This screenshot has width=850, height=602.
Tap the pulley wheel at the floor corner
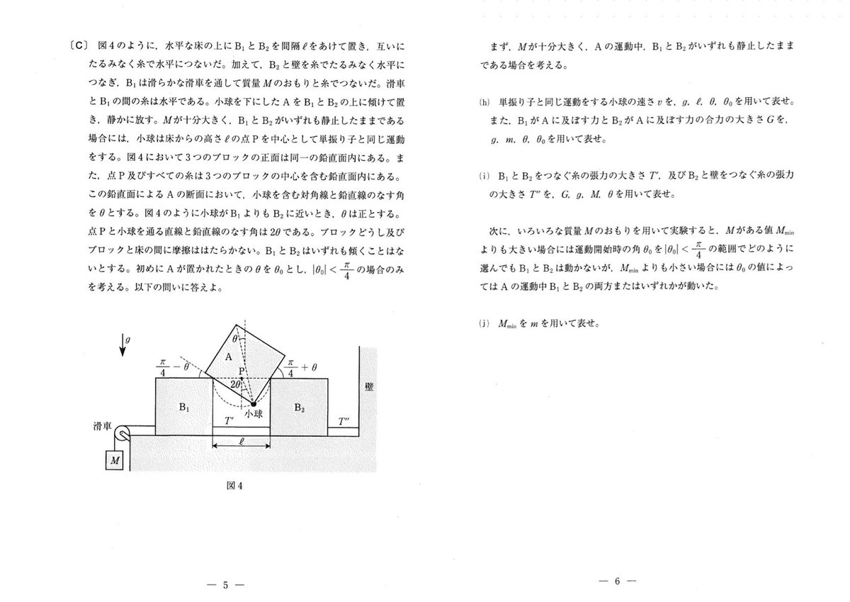[x=123, y=435]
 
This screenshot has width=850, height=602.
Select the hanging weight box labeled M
[x=113, y=461]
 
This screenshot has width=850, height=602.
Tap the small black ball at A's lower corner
[x=253, y=403]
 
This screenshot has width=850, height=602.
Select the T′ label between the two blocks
[x=229, y=420]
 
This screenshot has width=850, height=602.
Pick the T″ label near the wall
[x=345, y=422]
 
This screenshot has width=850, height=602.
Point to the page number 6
[x=617, y=581]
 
